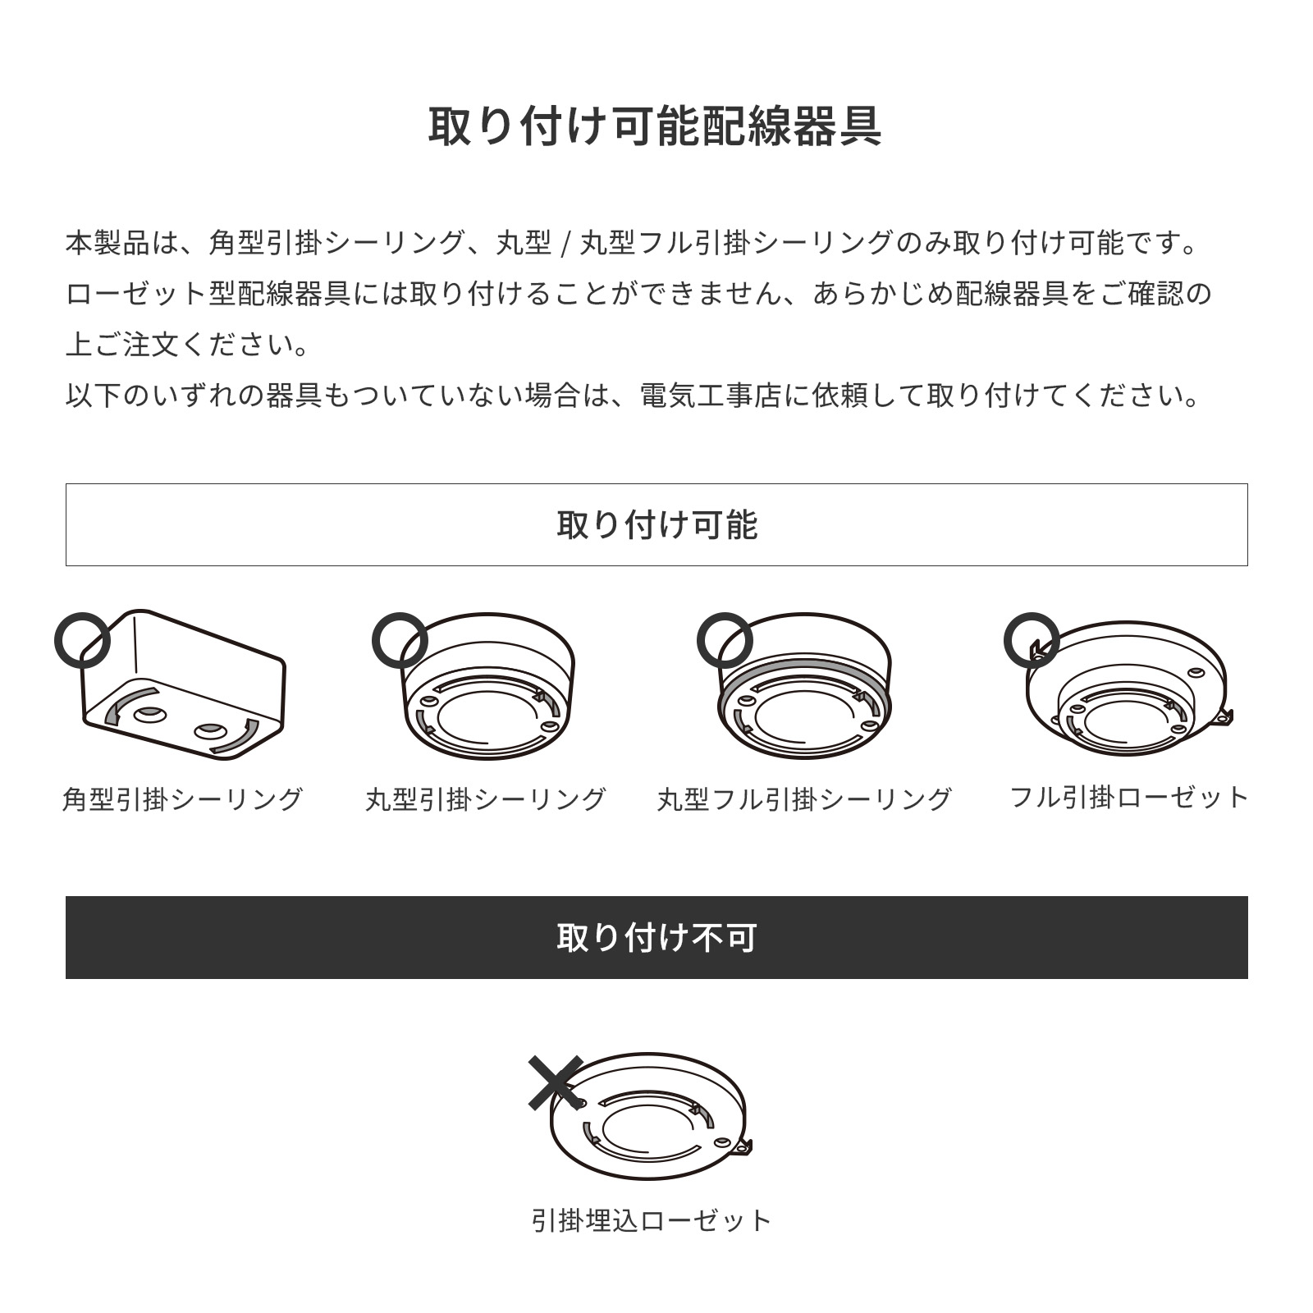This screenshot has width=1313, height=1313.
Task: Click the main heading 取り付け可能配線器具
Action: [x=656, y=126]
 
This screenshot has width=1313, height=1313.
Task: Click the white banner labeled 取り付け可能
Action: [x=656, y=524]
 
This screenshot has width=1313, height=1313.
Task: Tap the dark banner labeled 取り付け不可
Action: [x=656, y=937]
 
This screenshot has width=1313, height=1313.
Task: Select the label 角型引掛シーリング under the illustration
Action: [x=183, y=798]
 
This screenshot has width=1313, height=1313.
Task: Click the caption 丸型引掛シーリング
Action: [x=486, y=798]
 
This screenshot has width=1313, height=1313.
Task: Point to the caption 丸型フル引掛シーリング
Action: [x=804, y=798]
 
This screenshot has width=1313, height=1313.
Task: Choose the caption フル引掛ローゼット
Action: [x=1129, y=797]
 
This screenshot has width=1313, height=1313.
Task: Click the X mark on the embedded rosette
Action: [x=556, y=1082]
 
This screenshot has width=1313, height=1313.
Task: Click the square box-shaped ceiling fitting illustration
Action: [x=183, y=684]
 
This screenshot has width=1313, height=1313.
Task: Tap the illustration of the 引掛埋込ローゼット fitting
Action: [x=650, y=1116]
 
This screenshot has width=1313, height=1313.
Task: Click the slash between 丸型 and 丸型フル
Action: [x=565, y=244]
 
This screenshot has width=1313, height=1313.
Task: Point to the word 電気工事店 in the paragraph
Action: [x=710, y=396]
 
